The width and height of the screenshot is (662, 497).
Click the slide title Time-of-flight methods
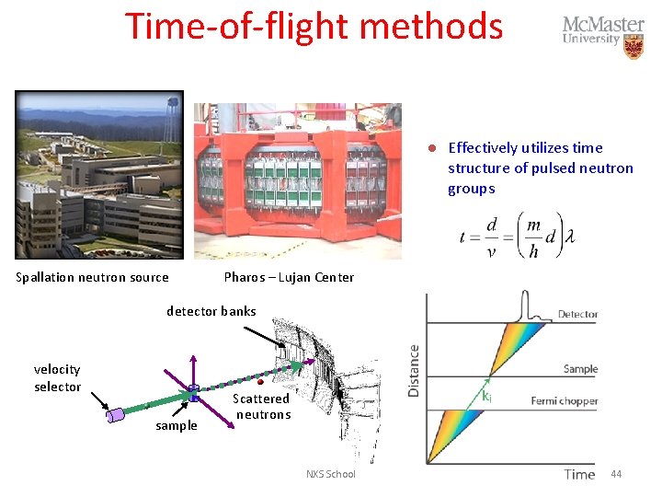click(314, 26)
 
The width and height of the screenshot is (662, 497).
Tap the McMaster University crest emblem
click(633, 46)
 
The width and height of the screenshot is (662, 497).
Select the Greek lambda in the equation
click(570, 237)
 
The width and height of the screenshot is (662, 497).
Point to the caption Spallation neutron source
click(92, 277)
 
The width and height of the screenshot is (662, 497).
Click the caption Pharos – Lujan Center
click(289, 277)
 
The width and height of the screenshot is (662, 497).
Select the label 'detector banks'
click(211, 311)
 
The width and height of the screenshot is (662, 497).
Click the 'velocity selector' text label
click(57, 377)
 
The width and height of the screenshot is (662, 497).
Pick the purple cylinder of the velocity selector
click(116, 415)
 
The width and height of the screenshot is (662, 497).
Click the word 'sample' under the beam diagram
click(177, 425)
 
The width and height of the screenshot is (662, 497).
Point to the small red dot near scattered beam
click(261, 381)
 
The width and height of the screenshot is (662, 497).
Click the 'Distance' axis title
click(415, 371)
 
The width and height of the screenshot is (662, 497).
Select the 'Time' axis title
click(579, 474)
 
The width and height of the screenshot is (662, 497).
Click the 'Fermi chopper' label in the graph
click(565, 401)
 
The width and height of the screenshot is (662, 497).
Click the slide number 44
click(616, 474)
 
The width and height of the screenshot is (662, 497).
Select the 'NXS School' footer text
click(330, 474)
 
